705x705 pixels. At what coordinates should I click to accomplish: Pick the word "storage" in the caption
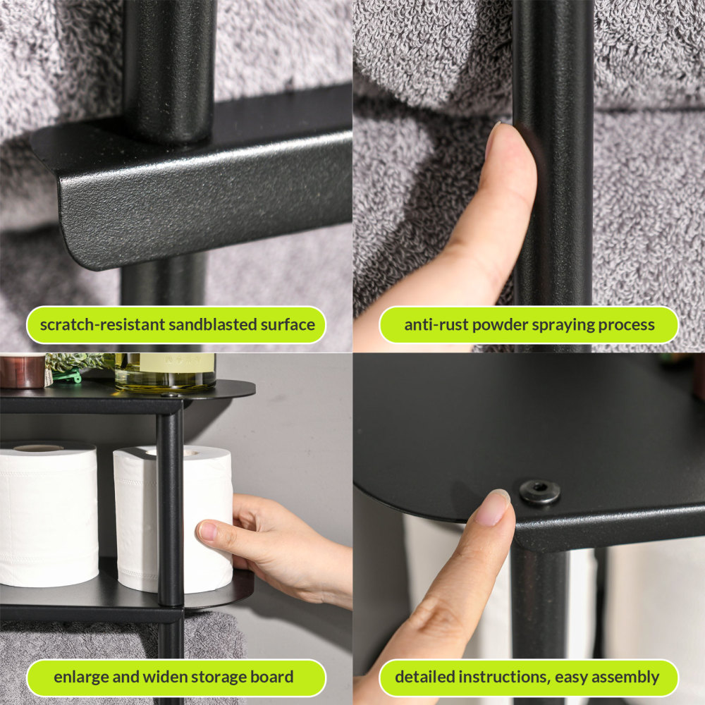tap(218, 677)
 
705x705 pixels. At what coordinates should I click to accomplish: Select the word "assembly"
tap(625, 677)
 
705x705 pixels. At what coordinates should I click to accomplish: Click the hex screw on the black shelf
tap(540, 491)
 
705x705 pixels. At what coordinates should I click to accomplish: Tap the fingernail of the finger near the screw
tap(493, 507)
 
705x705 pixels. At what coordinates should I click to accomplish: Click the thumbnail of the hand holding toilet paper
tap(207, 531)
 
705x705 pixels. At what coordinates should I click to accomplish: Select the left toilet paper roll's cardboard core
tap(38, 448)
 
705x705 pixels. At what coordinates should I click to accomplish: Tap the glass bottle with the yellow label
tap(166, 372)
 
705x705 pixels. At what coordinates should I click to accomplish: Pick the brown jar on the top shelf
tap(21, 372)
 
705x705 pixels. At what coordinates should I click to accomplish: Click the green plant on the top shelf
tap(74, 363)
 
